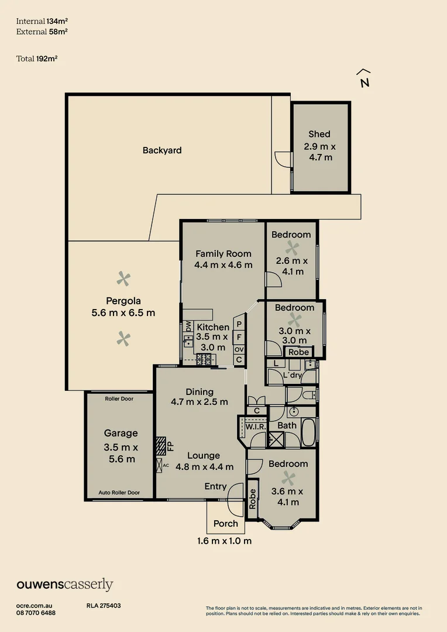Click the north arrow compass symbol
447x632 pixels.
[364, 78]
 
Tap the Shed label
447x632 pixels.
[319, 134]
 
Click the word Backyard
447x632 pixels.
[162, 150]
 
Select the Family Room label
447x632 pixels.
[223, 253]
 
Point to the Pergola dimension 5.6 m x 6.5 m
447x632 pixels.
[123, 312]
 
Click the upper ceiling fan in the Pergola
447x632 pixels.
[123, 279]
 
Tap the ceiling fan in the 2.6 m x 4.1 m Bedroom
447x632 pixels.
[291, 248]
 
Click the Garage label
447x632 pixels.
[121, 433]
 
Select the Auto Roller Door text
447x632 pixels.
[119, 493]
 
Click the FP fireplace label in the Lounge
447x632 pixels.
[171, 446]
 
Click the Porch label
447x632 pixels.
[226, 524]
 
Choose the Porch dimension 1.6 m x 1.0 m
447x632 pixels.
[224, 541]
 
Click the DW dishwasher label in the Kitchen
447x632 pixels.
[188, 326]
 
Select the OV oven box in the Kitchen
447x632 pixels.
[239, 349]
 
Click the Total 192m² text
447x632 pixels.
[36, 59]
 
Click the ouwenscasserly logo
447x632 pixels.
[65, 585]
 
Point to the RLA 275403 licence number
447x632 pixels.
[103, 606]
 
